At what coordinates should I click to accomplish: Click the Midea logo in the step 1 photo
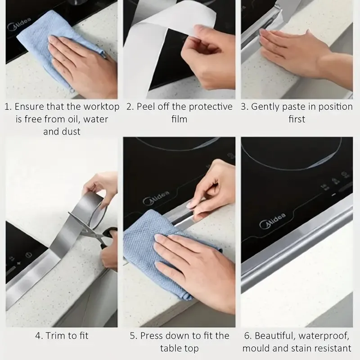point(19,24)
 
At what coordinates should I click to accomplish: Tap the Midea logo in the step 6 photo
point(273,220)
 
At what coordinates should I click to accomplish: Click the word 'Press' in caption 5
point(151,336)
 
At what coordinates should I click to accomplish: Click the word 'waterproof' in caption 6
point(324,336)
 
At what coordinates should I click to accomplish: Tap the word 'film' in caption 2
point(179,119)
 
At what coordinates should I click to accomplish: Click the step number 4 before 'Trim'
point(38,336)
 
